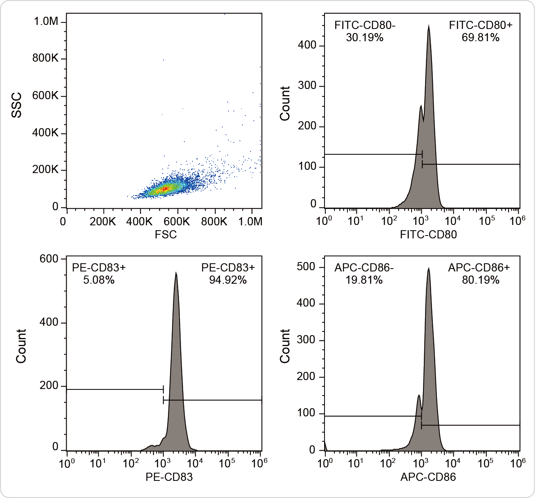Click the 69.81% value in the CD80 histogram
[x=480, y=38]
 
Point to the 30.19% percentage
[x=365, y=38]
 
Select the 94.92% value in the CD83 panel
[x=228, y=280]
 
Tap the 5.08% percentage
[x=98, y=280]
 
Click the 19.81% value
[x=364, y=280]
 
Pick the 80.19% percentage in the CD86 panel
[x=480, y=280]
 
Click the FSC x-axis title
[x=166, y=234]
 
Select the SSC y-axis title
[x=16, y=105]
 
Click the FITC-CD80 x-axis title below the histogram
[x=428, y=234]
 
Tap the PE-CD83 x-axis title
[x=169, y=477]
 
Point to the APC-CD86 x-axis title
[x=428, y=477]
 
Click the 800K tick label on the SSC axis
[x=45, y=58]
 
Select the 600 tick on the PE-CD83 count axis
[x=49, y=259]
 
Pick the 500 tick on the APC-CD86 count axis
[x=307, y=267]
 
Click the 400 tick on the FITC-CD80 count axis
[x=307, y=45]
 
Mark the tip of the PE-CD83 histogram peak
[x=176, y=273]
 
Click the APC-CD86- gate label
[x=364, y=268]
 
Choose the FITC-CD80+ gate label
[x=480, y=25]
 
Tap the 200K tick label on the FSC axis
[x=103, y=222]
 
